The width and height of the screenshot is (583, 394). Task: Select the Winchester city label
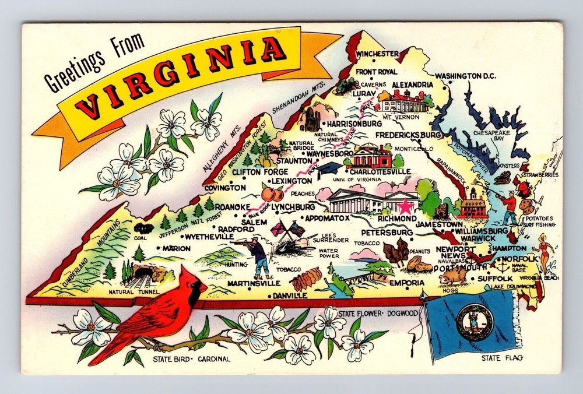click(377, 54)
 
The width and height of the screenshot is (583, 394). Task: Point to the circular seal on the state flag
click(475, 321)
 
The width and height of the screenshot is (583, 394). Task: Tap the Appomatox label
click(327, 217)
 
